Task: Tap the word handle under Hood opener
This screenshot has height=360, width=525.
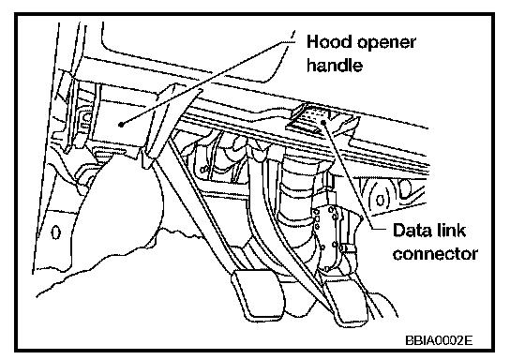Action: [335, 64]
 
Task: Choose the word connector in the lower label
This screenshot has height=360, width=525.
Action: [435, 253]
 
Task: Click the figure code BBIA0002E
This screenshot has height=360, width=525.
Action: [439, 340]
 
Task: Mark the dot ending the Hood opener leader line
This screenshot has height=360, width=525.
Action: [121, 125]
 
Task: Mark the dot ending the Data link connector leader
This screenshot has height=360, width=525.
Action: [323, 122]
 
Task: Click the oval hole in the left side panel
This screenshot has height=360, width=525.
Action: [56, 232]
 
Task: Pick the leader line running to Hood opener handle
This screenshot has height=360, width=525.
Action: [207, 82]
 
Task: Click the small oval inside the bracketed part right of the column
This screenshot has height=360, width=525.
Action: [380, 201]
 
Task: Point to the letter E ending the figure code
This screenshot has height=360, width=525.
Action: [469, 340]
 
